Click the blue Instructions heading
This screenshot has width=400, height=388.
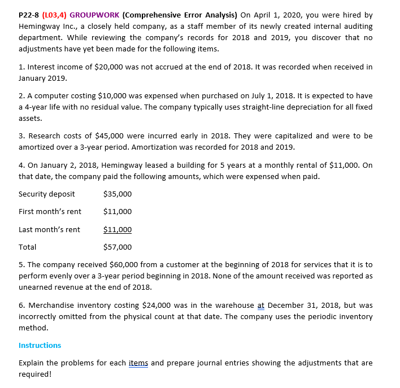click(40, 345)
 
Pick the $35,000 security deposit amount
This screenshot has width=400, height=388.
click(118, 194)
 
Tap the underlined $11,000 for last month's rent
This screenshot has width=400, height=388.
click(118, 229)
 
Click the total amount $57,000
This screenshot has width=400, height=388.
click(118, 247)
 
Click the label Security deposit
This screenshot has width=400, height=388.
click(46, 194)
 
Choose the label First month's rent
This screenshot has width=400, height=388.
click(50, 211)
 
